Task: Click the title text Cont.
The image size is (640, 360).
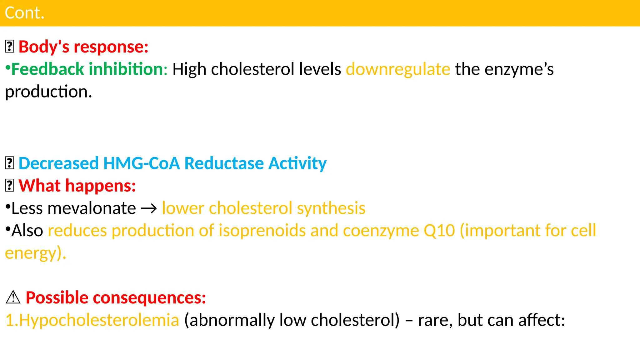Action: click(x=25, y=13)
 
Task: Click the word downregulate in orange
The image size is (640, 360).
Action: click(x=398, y=69)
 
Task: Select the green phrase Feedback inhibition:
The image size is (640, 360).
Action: click(x=89, y=69)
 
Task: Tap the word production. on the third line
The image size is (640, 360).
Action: click(x=48, y=92)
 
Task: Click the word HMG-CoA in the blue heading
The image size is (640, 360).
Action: click(x=141, y=163)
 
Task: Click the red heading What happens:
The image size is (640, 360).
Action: click(x=77, y=186)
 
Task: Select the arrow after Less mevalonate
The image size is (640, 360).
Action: click(x=149, y=209)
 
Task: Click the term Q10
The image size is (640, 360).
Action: click(x=439, y=231)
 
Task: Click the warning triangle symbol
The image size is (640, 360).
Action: click(x=13, y=297)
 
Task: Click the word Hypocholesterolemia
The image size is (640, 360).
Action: click(x=99, y=320)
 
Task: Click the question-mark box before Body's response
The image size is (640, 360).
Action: click(x=10, y=47)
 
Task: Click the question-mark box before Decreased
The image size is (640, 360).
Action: click(x=10, y=163)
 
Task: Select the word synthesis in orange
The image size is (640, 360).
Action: click(x=331, y=208)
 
